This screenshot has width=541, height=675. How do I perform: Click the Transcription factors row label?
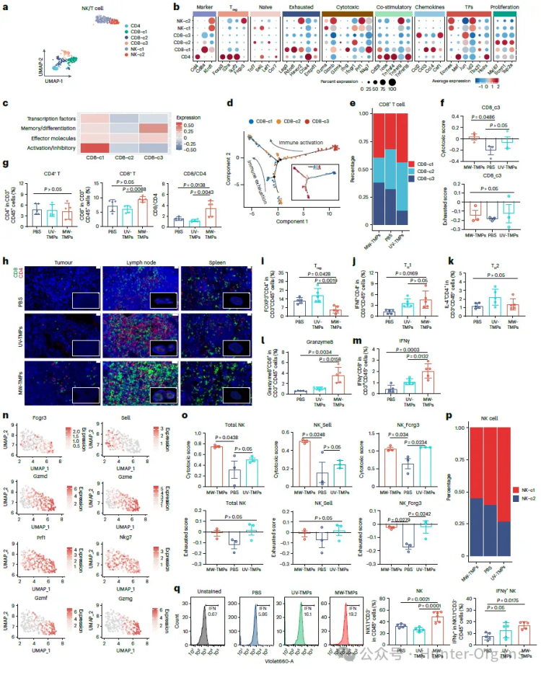click(x=50, y=117)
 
